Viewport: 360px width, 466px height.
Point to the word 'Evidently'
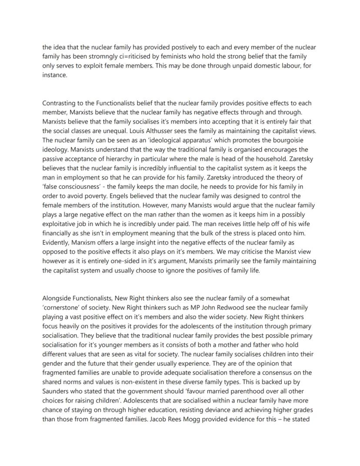pyautogui.click(x=56, y=242)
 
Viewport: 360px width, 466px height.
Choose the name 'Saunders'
pyautogui.click(x=56, y=392)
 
